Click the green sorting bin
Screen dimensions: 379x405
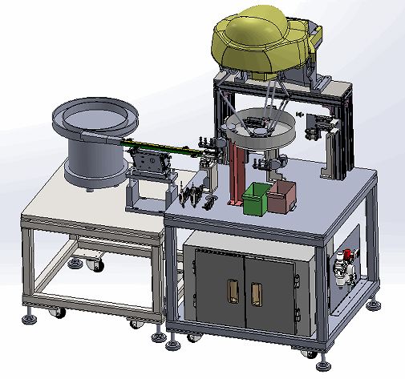[256, 200]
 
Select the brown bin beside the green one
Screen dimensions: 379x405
[281, 197]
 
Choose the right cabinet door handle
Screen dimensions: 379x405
[257, 294]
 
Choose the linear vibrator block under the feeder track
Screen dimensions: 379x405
[151, 163]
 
